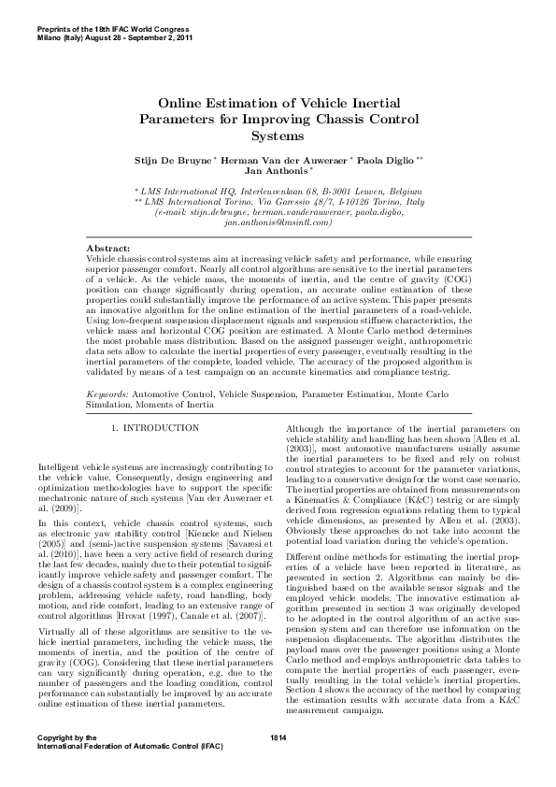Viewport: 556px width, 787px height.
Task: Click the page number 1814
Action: point(278,738)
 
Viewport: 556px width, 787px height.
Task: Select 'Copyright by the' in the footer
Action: point(65,738)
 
